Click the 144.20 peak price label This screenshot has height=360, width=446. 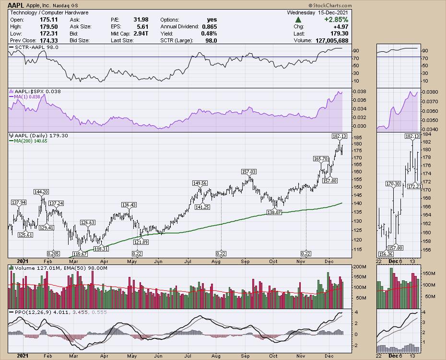[42, 192]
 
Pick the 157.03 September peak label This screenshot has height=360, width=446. [248, 171]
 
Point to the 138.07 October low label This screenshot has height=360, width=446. [275, 212]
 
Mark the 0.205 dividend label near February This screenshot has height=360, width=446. [53, 253]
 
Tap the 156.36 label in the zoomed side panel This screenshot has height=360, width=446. [385, 254]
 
